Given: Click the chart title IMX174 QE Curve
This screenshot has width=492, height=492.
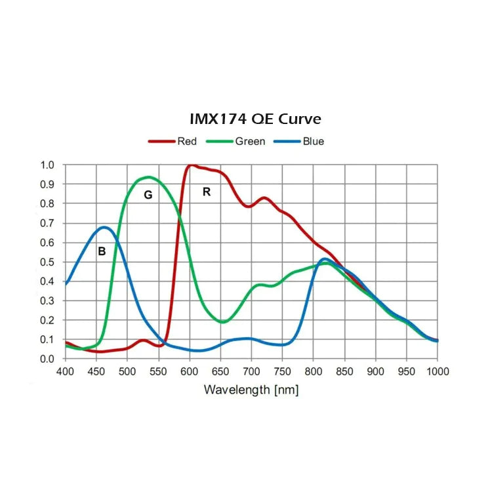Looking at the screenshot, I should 255,119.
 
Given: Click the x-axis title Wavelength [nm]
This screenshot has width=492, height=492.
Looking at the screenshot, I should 251,390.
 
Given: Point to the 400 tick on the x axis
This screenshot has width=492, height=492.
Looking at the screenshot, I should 65,371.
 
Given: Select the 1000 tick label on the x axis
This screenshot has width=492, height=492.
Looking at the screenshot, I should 438,371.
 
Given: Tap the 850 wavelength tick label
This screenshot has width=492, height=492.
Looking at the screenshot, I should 344,371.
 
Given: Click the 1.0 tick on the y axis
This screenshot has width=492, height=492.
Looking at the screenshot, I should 48,165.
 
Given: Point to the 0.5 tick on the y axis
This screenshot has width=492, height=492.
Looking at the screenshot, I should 48,262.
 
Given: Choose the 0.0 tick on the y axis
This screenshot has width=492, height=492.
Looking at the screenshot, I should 48,359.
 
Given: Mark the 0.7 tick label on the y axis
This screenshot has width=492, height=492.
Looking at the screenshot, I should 48,223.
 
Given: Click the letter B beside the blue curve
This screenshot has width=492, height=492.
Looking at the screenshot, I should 102,251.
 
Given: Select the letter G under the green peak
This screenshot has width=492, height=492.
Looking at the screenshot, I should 148,195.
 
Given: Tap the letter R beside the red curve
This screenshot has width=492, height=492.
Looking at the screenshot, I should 207,192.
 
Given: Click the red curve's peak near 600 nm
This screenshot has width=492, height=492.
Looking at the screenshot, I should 191,165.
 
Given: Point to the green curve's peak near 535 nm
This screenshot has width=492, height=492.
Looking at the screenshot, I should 150,177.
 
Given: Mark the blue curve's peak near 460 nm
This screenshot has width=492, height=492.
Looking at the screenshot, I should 105,228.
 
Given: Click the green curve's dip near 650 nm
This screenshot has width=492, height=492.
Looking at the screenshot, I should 223,322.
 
